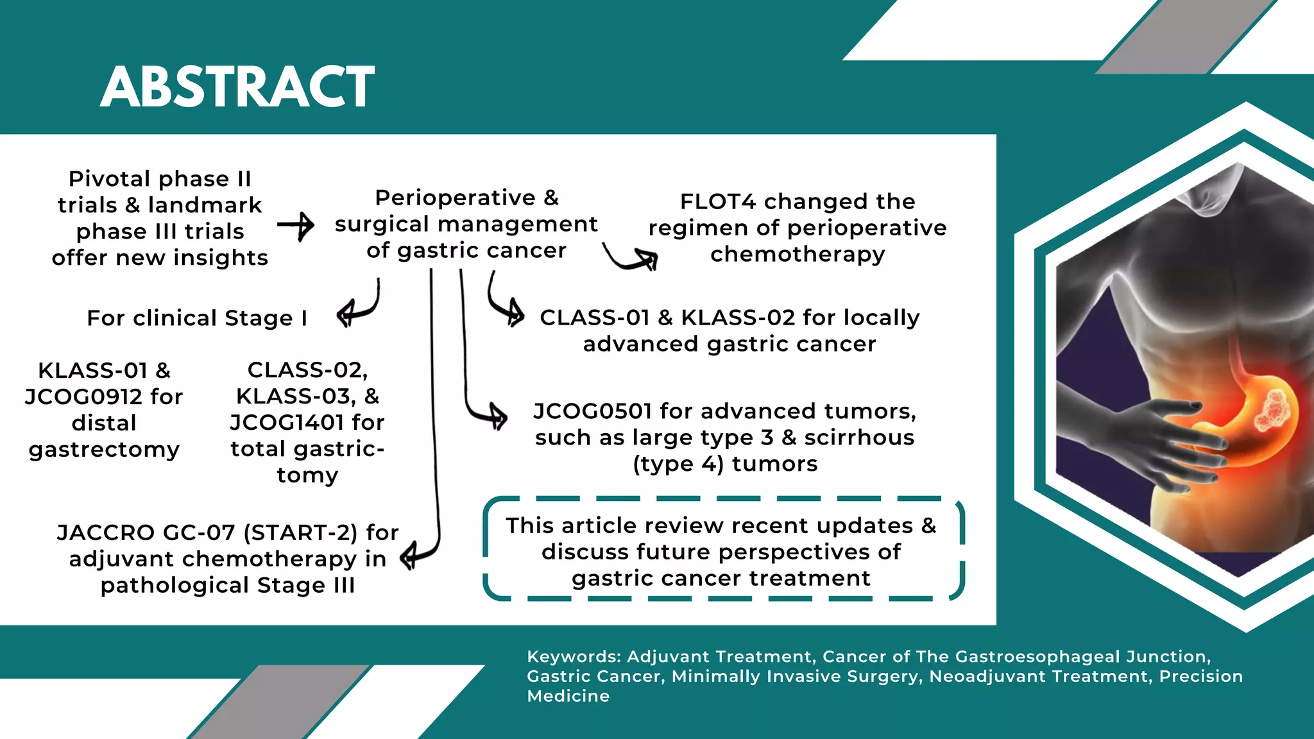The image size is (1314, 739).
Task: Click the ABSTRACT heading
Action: pyautogui.click(x=237, y=87)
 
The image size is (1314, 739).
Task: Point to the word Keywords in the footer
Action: pyautogui.click(x=573, y=657)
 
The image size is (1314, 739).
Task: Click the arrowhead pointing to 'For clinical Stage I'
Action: pyautogui.click(x=346, y=314)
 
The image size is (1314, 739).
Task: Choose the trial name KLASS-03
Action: pyautogui.click(x=296, y=396)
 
